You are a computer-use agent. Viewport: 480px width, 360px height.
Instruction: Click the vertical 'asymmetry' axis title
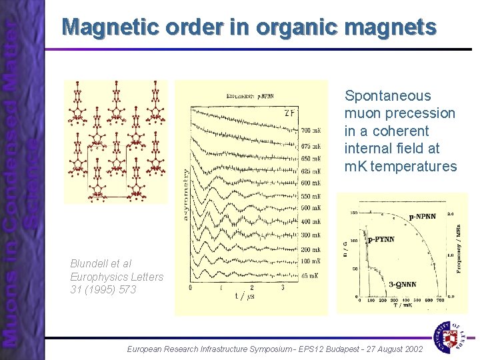[185, 194]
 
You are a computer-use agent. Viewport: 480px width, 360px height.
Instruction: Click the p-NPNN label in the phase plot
[423, 217]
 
